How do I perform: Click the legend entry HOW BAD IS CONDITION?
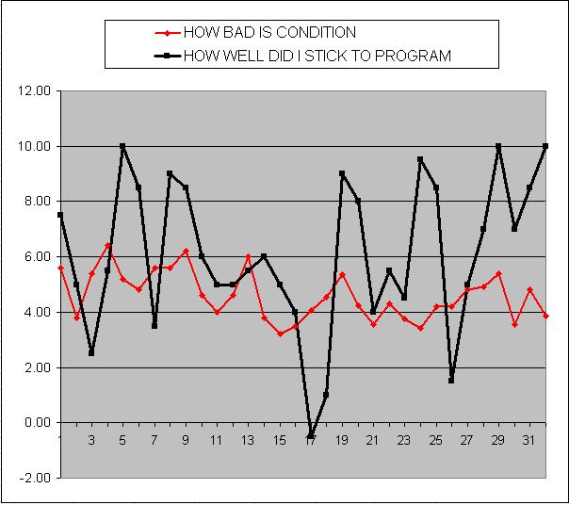pyautogui.click(x=268, y=33)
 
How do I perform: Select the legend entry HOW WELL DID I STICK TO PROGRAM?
pyautogui.click(x=317, y=56)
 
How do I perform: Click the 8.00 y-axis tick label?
pyautogui.click(x=36, y=202)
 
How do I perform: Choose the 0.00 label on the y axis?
pyautogui.click(x=36, y=423)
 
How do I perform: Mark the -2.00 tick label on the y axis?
pyautogui.click(x=35, y=478)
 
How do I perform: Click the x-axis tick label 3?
pyautogui.click(x=91, y=440)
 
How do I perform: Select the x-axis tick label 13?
pyautogui.click(x=248, y=440)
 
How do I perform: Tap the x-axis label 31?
pyautogui.click(x=529, y=440)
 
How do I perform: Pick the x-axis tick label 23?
pyautogui.click(x=404, y=440)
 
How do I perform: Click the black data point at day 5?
pyautogui.click(x=122, y=146)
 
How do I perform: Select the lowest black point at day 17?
pyautogui.click(x=311, y=436)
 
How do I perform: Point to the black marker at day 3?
pyautogui.click(x=91, y=353)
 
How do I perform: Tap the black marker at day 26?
pyautogui.click(x=451, y=381)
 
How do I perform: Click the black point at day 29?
pyautogui.click(x=498, y=146)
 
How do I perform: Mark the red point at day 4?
pyautogui.click(x=107, y=246)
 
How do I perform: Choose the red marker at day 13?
pyautogui.click(x=248, y=256)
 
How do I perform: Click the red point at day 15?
pyautogui.click(x=280, y=334)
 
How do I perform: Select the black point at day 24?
pyautogui.click(x=420, y=159)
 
